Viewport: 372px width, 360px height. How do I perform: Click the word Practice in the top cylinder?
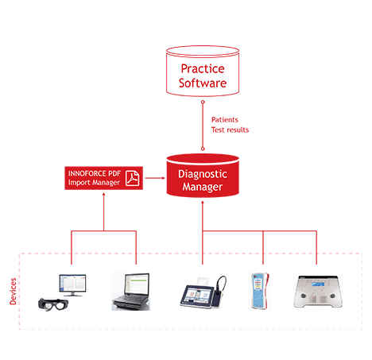point(203,69)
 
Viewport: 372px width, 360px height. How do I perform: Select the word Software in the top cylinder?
point(203,83)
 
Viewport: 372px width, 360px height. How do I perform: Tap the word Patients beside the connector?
point(225,120)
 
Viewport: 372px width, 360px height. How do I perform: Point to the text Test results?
point(230,130)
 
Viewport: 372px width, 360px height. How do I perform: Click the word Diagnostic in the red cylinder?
point(203,174)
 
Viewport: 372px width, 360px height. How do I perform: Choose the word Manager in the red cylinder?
point(203,187)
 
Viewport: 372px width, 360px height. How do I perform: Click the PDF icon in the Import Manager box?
point(132,178)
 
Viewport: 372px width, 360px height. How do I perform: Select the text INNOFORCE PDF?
point(95,173)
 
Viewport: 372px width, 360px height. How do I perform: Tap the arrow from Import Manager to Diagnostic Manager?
point(155,178)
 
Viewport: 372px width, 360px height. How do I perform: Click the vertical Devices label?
point(13,291)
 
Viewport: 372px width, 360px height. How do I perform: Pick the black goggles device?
point(53,304)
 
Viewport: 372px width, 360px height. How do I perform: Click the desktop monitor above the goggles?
point(72,285)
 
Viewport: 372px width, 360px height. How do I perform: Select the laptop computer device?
point(130,292)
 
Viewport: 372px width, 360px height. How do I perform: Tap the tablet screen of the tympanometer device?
point(197,295)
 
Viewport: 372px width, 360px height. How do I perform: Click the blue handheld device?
point(260,291)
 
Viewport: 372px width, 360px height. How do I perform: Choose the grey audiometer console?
point(318,292)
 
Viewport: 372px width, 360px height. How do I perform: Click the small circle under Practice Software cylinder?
point(203,102)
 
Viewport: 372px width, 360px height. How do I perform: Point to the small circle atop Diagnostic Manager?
point(203,149)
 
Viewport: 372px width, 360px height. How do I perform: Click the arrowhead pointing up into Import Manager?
point(104,195)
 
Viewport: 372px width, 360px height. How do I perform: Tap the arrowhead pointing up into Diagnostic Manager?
point(203,203)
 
